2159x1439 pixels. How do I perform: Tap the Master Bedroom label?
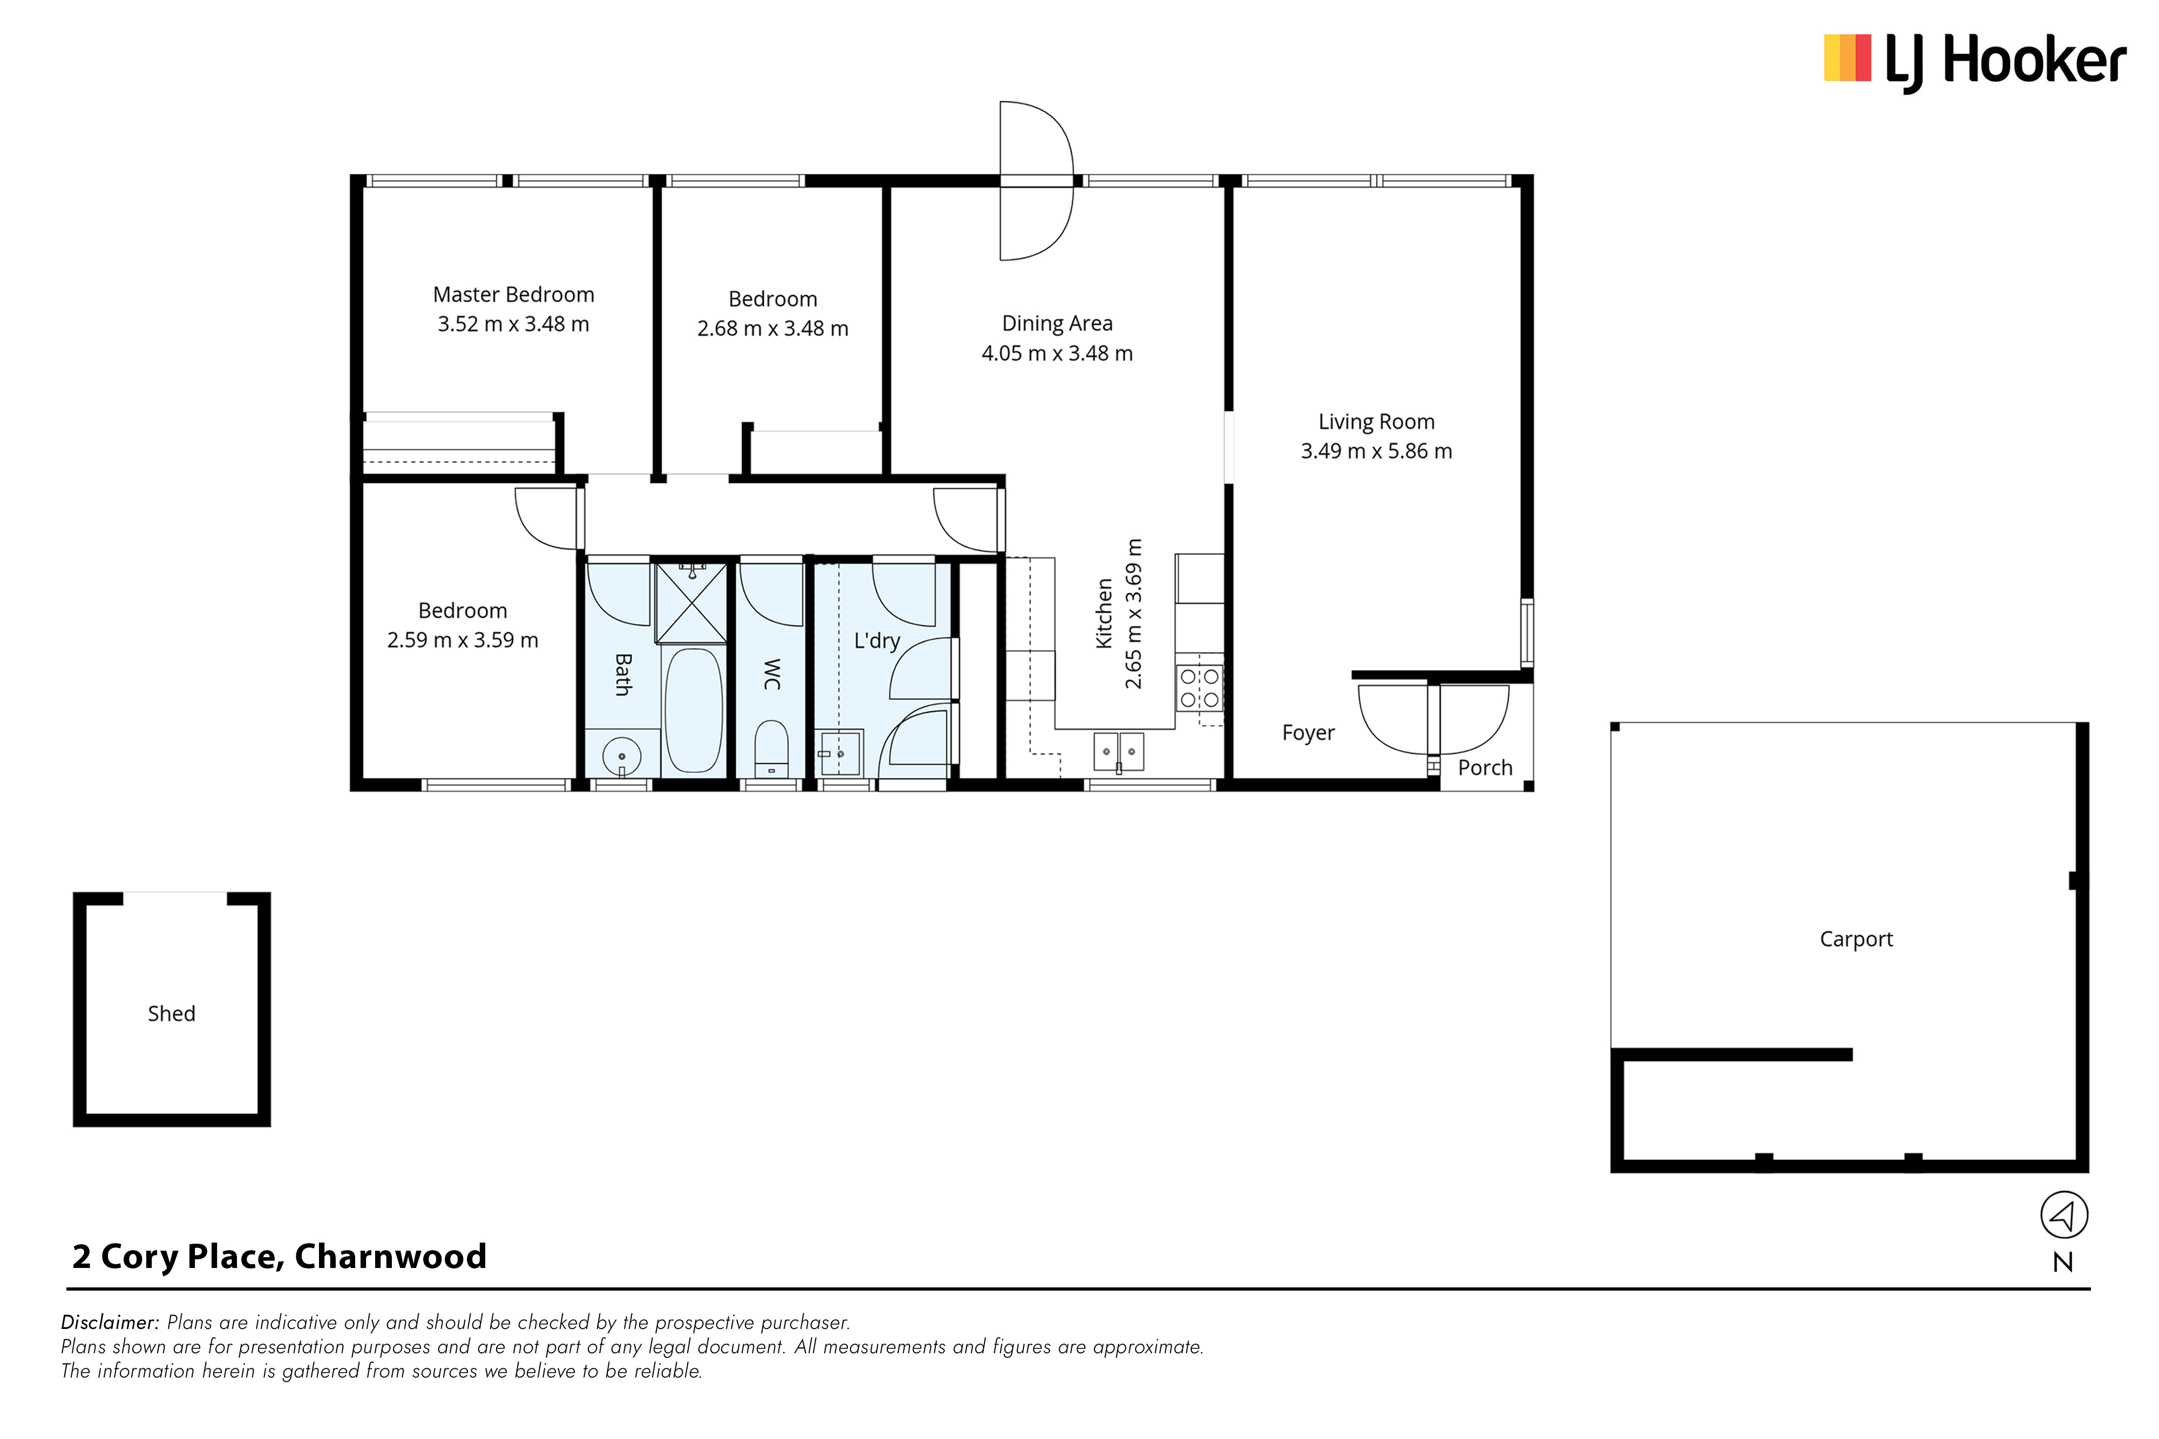[x=513, y=295]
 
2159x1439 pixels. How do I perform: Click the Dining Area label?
[x=1057, y=324]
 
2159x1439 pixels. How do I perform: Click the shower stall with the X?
[x=691, y=603]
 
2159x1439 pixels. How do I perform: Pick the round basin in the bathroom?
[x=621, y=757]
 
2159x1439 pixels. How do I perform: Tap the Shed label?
[x=172, y=1013]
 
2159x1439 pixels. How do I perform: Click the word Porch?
[x=1485, y=768]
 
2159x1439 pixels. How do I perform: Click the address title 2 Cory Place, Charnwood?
[x=279, y=1257]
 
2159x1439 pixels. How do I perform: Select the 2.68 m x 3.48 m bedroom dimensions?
[x=773, y=329]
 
